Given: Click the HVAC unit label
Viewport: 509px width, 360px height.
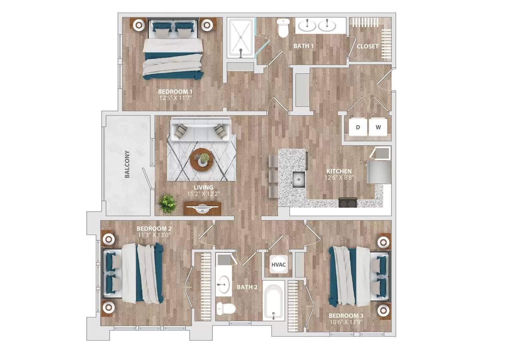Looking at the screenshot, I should [x=278, y=264].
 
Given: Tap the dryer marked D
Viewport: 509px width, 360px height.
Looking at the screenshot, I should [x=358, y=127].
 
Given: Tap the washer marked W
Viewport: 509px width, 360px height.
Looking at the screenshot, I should [x=378, y=127].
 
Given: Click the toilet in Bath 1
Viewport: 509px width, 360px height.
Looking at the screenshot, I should [x=283, y=28].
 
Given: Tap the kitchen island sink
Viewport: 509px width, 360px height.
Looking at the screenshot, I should [x=299, y=179].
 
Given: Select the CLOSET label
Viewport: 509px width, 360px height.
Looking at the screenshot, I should [x=367, y=46].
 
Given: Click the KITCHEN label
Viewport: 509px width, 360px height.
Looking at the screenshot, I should [x=339, y=171].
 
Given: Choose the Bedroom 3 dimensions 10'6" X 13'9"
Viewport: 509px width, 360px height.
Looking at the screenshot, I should [x=346, y=322].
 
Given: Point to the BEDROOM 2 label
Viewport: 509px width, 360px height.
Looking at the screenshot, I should [x=154, y=229].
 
